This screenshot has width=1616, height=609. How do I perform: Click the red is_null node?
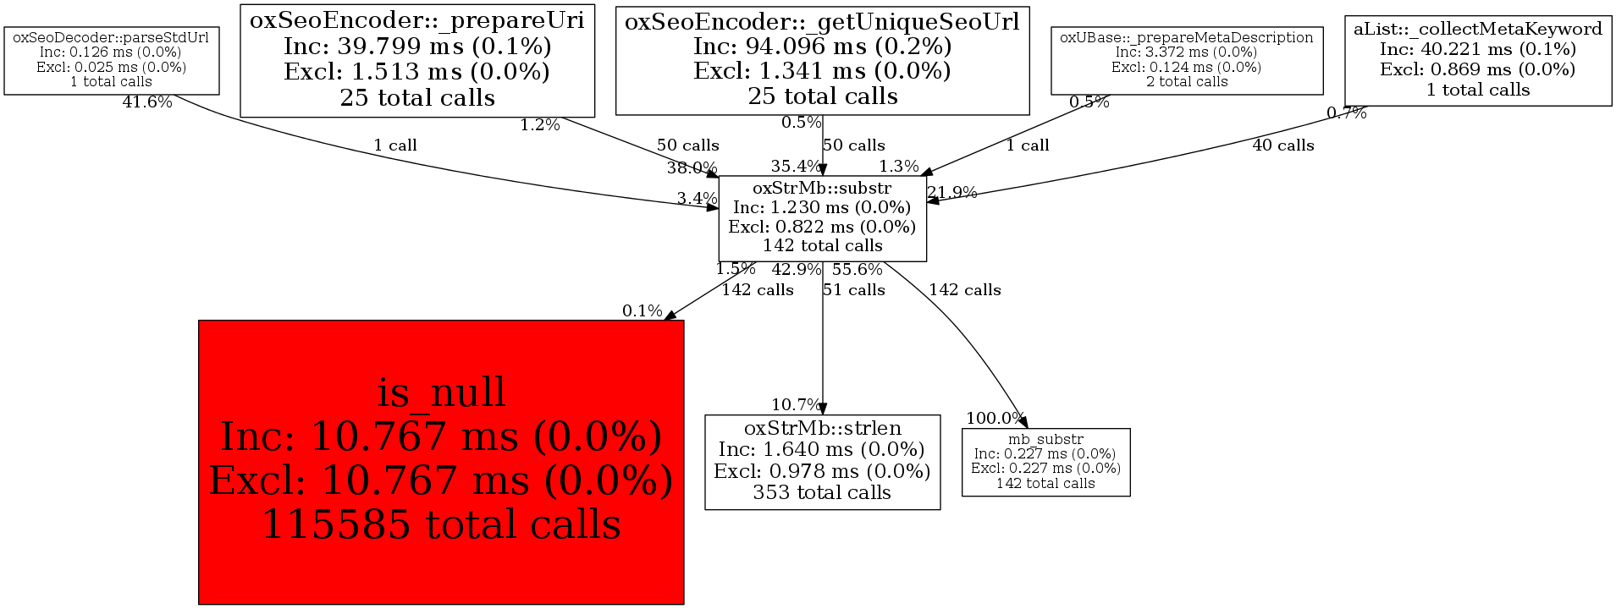440,462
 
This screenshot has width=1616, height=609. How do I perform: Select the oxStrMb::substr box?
822,217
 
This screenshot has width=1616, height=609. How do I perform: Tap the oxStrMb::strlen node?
822,461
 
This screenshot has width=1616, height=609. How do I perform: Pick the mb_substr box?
1045,462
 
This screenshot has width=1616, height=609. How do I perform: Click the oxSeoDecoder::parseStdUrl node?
111,59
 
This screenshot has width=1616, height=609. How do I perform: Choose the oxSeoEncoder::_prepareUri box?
416,59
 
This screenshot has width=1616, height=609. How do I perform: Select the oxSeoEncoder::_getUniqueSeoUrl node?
822,59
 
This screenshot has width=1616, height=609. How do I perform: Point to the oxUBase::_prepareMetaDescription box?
1186,59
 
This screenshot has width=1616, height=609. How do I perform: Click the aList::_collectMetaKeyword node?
1477,59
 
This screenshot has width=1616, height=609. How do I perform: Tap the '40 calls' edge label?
1282,145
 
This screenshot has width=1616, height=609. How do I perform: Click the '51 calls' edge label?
853,290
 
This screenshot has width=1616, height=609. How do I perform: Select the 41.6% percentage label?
147,103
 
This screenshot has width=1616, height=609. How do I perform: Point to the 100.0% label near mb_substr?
996,419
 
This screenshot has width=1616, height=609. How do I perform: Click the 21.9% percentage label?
952,193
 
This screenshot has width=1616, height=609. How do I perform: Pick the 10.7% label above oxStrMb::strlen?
796,405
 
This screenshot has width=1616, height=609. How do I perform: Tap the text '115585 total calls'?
440,524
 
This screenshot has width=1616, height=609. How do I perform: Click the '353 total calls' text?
822,493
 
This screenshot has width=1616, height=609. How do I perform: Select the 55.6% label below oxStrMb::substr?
857,270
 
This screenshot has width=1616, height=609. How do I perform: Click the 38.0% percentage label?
692,167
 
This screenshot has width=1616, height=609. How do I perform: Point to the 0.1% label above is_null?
643,311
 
